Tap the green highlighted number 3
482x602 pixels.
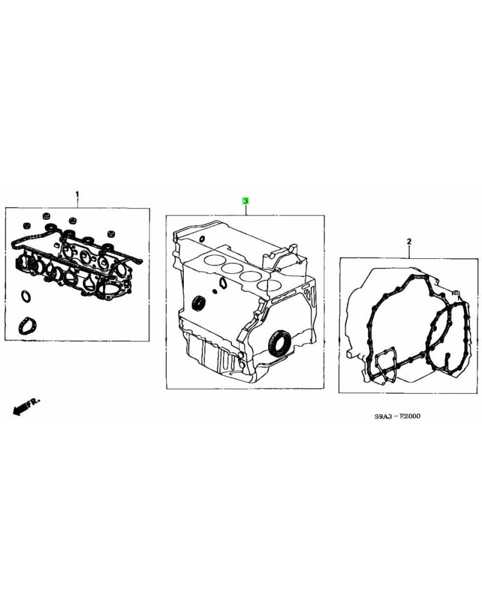245,200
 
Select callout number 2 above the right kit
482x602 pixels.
408,241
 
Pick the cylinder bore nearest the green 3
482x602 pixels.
212,261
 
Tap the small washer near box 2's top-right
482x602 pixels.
455,294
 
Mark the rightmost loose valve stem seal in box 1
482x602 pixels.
110,234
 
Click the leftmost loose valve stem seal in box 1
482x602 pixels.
26,226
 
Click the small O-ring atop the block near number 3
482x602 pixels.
201,240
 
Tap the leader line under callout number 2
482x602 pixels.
409,252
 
